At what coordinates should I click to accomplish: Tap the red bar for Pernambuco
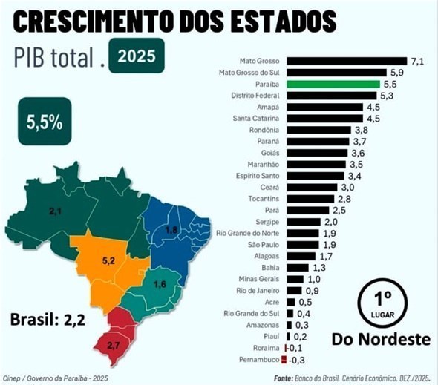[x=287, y=359]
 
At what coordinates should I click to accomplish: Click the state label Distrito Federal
[x=256, y=96]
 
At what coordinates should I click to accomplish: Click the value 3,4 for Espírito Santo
[x=356, y=176]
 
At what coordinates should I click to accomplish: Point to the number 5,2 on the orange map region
[x=107, y=261]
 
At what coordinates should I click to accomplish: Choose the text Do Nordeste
[x=381, y=340]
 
